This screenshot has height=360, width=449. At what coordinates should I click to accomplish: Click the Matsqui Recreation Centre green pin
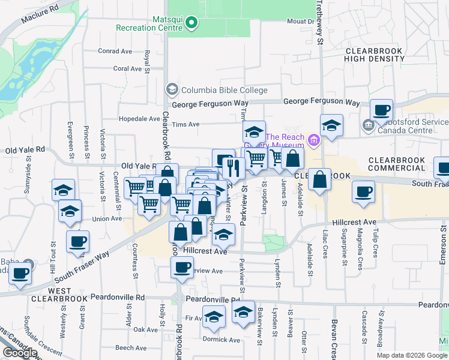pos(191,24)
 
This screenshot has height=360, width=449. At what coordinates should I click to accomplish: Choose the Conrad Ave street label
pos(115,51)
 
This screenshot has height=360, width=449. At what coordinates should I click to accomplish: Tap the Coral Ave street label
pos(127,68)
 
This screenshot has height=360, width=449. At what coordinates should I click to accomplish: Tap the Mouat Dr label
pos(301,21)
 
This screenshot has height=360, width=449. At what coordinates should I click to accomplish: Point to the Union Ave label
pos(107,219)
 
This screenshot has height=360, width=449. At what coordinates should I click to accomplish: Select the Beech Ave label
pos(131,348)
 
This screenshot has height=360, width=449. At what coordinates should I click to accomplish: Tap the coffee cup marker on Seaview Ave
pos(182,268)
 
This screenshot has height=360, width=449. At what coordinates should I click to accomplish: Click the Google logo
pos(20,353)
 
